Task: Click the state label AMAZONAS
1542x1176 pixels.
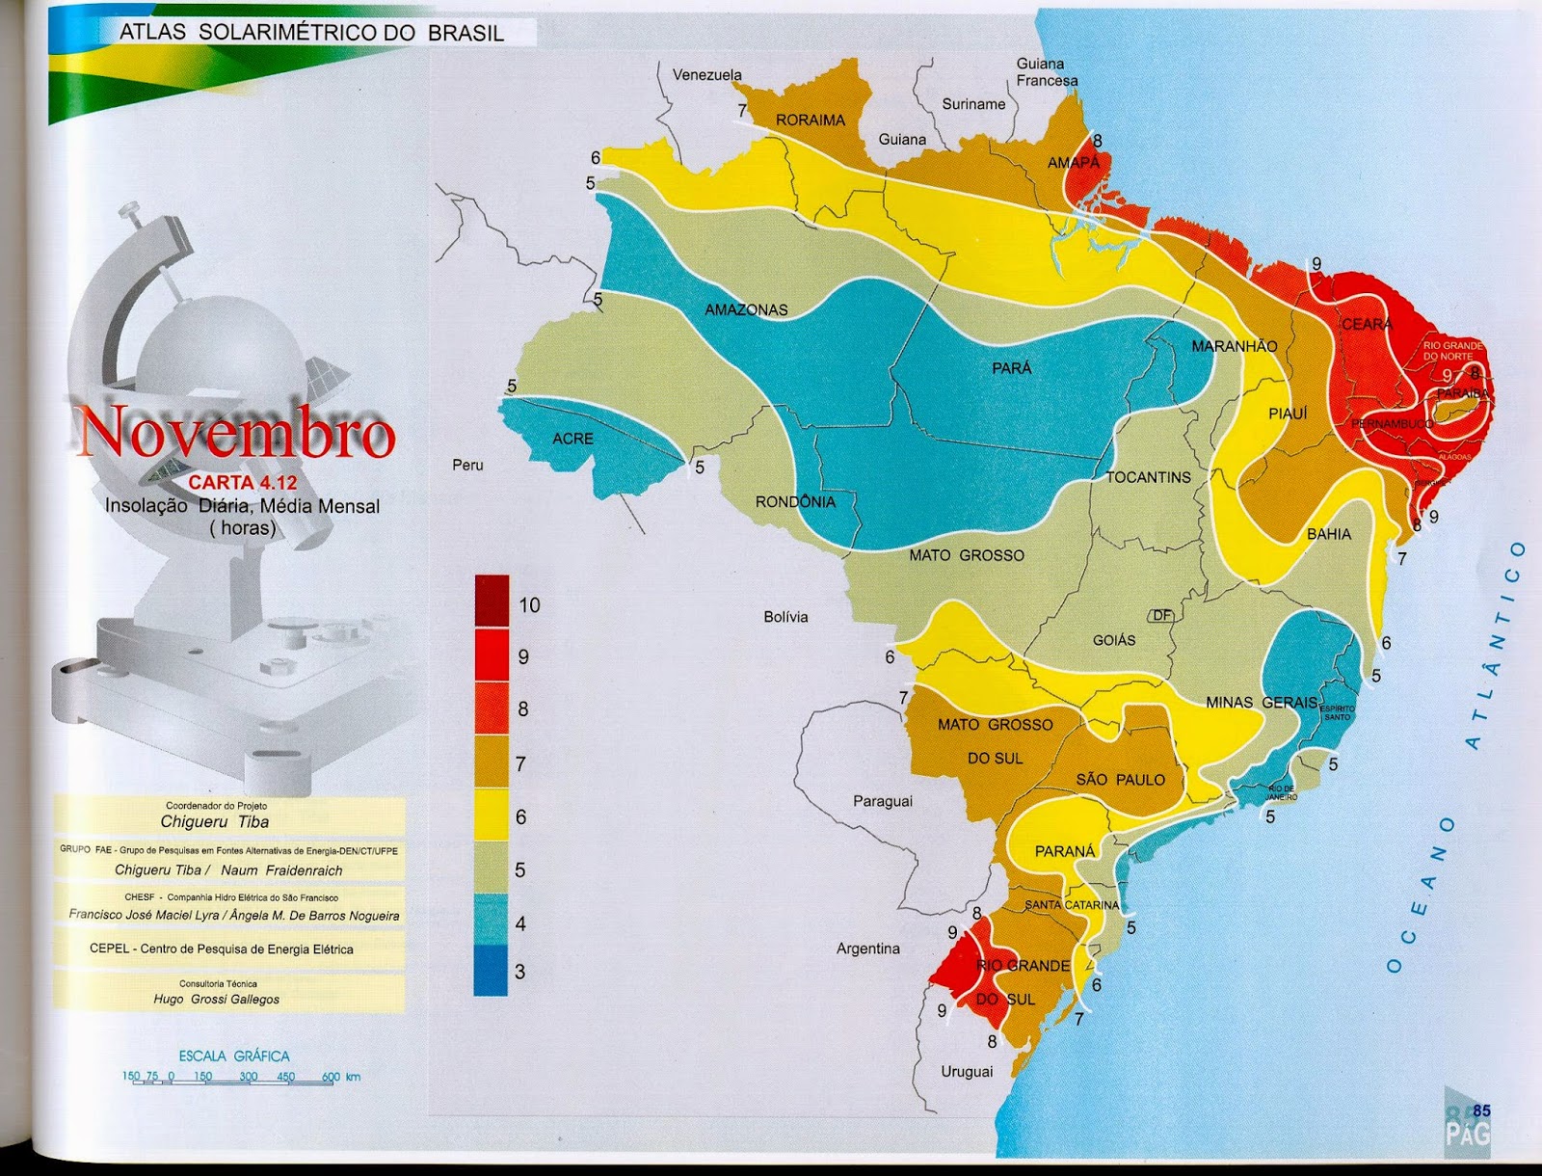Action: point(746,309)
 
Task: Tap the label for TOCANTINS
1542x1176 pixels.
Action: point(1148,477)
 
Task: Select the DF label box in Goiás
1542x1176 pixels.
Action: point(1162,615)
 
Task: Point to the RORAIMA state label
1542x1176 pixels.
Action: point(811,120)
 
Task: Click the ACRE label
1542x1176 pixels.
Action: point(572,439)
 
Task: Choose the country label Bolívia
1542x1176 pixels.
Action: point(785,617)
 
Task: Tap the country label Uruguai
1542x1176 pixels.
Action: point(967,1071)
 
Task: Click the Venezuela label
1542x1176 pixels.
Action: point(707,75)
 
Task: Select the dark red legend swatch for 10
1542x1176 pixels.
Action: point(492,601)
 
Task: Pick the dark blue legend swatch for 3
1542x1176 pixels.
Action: point(492,970)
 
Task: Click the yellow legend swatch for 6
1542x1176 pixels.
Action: point(492,815)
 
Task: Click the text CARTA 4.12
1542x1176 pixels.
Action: point(242,483)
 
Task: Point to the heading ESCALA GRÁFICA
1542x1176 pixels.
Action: point(233,1056)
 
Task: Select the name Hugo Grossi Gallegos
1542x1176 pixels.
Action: point(217,999)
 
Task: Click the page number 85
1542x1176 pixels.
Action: point(1481,1110)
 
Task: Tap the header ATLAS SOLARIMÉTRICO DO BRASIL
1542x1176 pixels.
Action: point(311,33)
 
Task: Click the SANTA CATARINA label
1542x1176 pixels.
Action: point(1072,905)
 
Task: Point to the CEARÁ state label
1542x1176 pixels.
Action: point(1367,325)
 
